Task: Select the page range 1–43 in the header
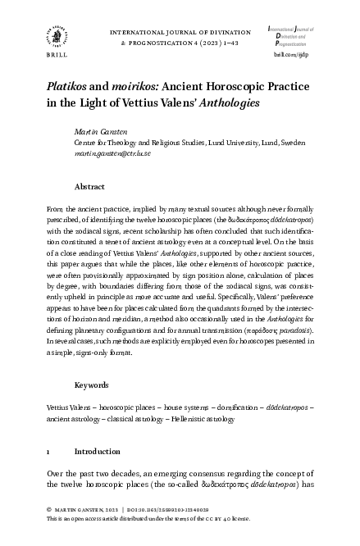pyautogui.click(x=227, y=42)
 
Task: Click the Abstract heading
pyautogui.click(x=91, y=188)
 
